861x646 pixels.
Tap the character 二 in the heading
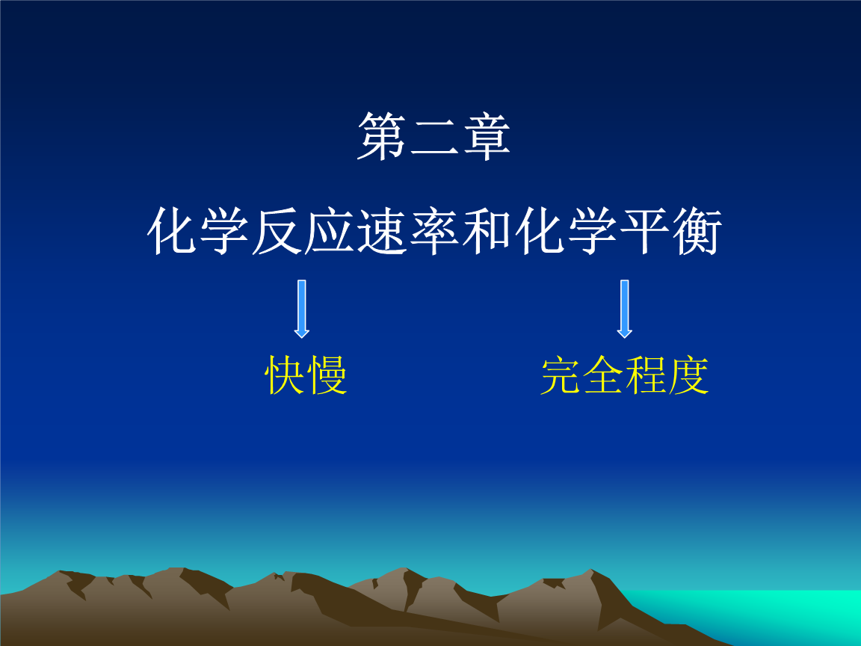point(433,136)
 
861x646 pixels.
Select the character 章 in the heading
point(486,136)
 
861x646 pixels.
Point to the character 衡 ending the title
point(694,231)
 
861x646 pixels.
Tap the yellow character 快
point(286,375)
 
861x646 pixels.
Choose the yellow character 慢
point(327,375)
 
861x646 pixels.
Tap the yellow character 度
point(687,375)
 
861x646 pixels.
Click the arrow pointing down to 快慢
point(302,308)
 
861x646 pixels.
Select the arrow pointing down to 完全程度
point(625,308)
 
